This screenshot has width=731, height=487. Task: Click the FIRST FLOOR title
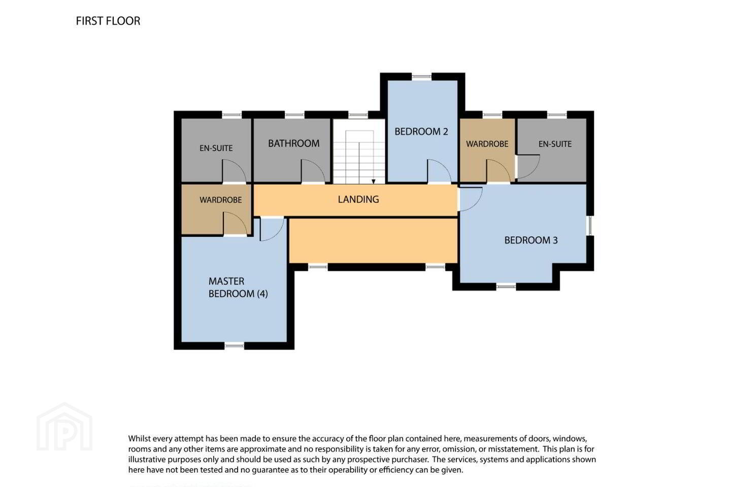(x=108, y=21)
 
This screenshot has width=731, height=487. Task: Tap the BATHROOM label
(x=294, y=144)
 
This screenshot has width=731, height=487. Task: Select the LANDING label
(x=358, y=199)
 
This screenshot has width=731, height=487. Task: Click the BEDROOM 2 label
(x=421, y=131)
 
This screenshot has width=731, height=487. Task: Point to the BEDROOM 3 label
(x=531, y=240)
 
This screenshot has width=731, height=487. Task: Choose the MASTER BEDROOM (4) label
(x=238, y=287)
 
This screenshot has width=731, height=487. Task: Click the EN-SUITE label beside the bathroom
(x=216, y=148)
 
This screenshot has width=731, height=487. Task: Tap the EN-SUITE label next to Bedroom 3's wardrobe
(x=555, y=144)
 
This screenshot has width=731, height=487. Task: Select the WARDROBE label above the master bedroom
(x=221, y=200)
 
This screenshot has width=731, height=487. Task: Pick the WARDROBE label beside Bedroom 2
(x=487, y=144)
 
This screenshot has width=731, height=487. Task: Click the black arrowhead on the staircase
(x=373, y=182)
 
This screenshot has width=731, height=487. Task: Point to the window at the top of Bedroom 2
(x=422, y=77)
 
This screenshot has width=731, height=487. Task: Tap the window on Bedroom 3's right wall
(x=590, y=226)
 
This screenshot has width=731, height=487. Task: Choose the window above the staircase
(x=358, y=115)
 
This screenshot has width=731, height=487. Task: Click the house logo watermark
(x=64, y=427)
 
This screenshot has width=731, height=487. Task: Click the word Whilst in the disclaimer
(x=139, y=439)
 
